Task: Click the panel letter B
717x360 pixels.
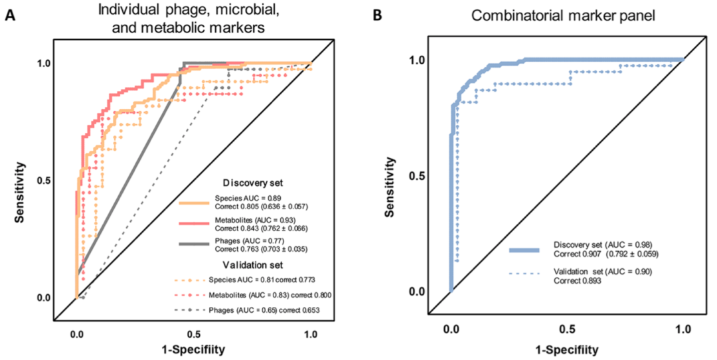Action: pyautogui.click(x=377, y=15)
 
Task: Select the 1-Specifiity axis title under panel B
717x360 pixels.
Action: pyautogui.click(x=567, y=347)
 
